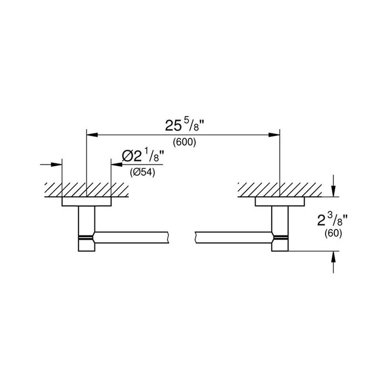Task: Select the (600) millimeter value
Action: [184, 142]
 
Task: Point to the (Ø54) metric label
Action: [142, 172]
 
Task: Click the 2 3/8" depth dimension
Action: [332, 221]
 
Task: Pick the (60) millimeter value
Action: [333, 233]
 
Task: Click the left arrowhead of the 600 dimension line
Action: [92, 135]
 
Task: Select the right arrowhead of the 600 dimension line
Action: [274, 135]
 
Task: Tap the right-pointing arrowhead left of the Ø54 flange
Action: [56, 164]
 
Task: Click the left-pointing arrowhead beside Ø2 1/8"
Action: [117, 164]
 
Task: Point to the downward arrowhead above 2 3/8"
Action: [333, 191]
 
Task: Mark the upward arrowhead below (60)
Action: [333, 257]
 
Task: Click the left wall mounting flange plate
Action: [87, 202]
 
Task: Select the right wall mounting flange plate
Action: [280, 202]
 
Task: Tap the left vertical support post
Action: [87, 229]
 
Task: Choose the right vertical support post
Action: [280, 229]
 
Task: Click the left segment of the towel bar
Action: [132, 237]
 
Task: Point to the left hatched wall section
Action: [87, 190]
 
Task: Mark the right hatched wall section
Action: [280, 190]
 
